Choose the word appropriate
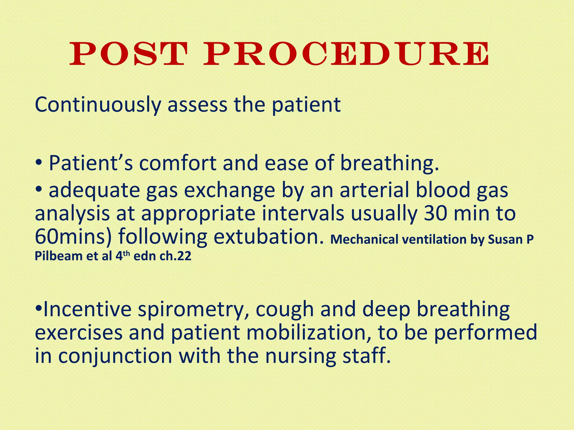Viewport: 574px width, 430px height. (198, 214)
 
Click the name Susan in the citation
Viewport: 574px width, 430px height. (503, 240)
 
